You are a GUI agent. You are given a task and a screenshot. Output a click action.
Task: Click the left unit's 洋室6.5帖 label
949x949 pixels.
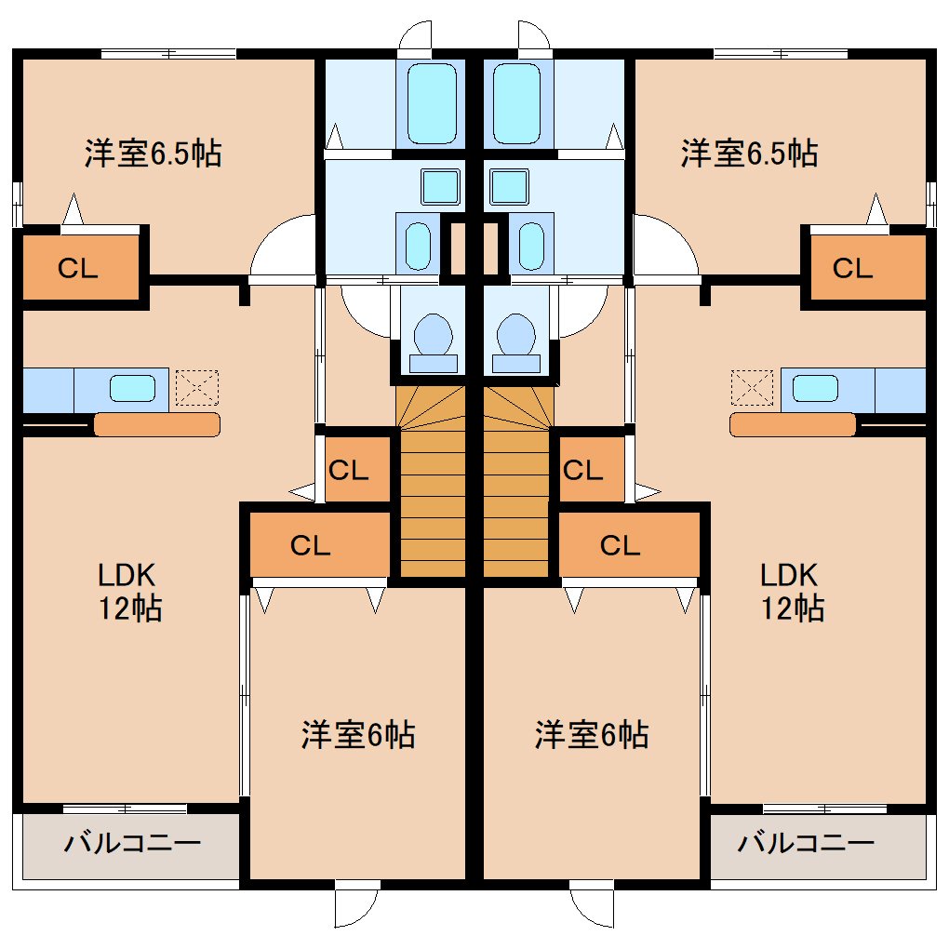(x=154, y=154)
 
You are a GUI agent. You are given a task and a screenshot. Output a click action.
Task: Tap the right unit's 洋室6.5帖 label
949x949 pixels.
(x=749, y=154)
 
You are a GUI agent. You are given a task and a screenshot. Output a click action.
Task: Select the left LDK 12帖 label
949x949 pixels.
(x=129, y=592)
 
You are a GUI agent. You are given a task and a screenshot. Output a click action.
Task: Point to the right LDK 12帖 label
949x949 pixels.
(x=792, y=592)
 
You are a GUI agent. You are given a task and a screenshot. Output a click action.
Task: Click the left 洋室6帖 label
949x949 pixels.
(x=358, y=735)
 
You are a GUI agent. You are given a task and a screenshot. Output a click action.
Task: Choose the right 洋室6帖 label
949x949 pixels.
(x=592, y=735)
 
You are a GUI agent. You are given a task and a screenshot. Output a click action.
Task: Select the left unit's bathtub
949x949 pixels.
(x=432, y=103)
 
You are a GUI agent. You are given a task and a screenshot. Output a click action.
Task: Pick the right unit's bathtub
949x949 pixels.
(x=517, y=103)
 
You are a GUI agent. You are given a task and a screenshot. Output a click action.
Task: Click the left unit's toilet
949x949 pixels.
(x=433, y=342)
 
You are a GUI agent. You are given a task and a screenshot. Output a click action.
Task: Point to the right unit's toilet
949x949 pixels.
(x=516, y=342)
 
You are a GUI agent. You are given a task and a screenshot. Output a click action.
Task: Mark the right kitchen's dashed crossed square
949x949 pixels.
(x=752, y=388)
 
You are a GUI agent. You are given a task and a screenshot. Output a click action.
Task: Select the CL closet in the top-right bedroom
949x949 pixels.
(x=868, y=268)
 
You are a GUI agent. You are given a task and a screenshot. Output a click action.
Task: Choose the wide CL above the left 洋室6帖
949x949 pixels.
(x=319, y=544)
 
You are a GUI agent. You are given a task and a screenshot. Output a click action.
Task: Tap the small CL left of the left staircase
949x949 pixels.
(x=357, y=469)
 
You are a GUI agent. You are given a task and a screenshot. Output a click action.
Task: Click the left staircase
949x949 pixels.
(x=431, y=481)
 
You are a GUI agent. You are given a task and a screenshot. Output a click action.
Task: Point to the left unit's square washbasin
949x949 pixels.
(x=441, y=186)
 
